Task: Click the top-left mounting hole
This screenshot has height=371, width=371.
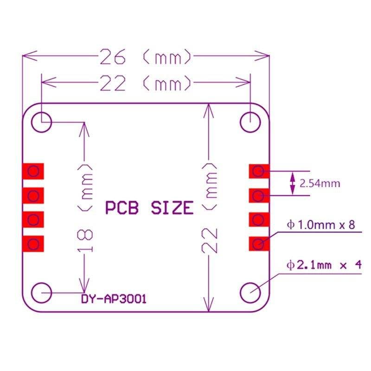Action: [x=41, y=122]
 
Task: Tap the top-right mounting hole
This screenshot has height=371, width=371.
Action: [x=250, y=122]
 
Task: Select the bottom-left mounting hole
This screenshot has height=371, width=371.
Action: [x=41, y=293]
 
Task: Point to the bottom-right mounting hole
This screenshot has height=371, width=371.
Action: [x=250, y=293]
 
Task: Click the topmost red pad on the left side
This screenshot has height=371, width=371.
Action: [x=33, y=172]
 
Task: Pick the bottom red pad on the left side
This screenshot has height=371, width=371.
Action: [x=33, y=243]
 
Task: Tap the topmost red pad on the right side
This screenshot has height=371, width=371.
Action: [x=259, y=172]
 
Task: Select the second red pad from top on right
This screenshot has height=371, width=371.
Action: [x=259, y=196]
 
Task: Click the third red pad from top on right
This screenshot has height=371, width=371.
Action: [x=259, y=219]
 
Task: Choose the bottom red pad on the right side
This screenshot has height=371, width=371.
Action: [x=259, y=243]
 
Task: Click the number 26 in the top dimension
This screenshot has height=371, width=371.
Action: [x=113, y=58]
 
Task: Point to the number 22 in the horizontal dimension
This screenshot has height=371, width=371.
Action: [x=113, y=84]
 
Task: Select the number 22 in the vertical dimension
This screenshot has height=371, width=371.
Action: [x=210, y=241]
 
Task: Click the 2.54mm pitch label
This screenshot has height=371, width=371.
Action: [x=320, y=184]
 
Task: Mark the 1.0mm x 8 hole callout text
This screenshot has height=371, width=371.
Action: [x=321, y=225]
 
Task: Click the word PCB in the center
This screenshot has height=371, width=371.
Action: [x=122, y=208]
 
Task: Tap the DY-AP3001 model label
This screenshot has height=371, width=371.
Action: [x=114, y=299]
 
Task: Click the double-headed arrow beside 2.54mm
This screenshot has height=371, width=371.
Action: [x=292, y=183]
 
